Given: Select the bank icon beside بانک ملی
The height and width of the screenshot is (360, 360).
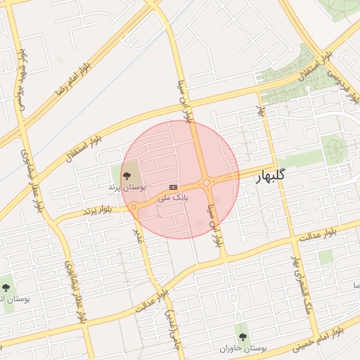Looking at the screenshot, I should pyautogui.click(x=173, y=186).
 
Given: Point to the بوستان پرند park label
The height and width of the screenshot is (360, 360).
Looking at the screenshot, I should pyautogui.click(x=120, y=188).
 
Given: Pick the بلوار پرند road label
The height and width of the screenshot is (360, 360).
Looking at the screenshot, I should pyautogui.click(x=98, y=210).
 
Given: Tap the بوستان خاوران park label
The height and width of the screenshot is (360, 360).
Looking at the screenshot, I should pyautogui.click(x=243, y=348).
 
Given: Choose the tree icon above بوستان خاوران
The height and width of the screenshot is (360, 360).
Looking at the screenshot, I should pyautogui.click(x=243, y=337).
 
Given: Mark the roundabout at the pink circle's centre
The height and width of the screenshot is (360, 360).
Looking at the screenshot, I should pyautogui.click(x=207, y=184).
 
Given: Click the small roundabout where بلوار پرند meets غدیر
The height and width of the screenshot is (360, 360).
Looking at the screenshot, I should pyautogui.click(x=133, y=207).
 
